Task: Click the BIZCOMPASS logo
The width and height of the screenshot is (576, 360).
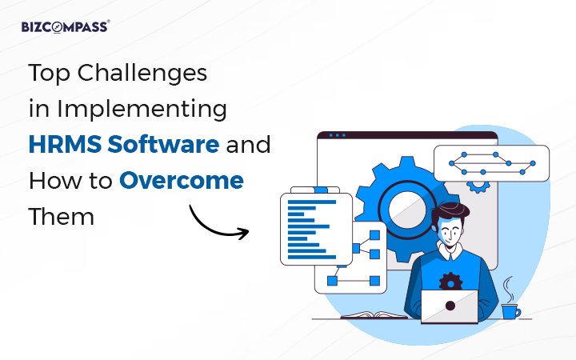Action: (x=66, y=26)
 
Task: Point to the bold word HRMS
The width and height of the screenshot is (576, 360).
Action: (x=64, y=145)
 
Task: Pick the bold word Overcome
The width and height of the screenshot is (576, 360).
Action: (x=182, y=180)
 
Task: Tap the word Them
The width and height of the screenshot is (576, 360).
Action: (x=62, y=216)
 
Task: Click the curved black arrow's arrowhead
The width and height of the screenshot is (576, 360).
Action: (x=244, y=233)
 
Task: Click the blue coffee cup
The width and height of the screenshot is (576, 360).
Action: (x=510, y=311)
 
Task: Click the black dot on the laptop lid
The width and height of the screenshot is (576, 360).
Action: (x=450, y=305)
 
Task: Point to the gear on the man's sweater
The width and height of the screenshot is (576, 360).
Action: (x=451, y=281)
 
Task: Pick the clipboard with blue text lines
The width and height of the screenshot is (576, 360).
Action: (x=315, y=228)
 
